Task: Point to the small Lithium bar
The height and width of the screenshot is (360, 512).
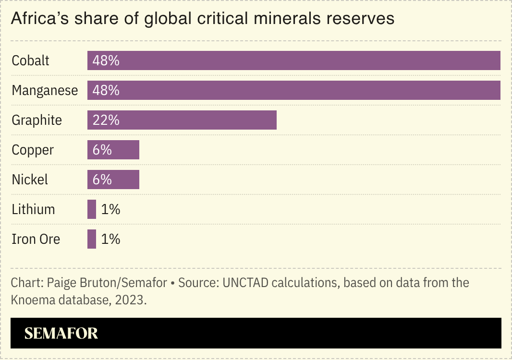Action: pyautogui.click(x=92, y=209)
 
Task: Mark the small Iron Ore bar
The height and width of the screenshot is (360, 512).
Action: pyautogui.click(x=92, y=239)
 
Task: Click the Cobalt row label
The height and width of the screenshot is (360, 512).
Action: pyautogui.click(x=30, y=61)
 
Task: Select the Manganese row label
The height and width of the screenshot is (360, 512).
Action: pyautogui.click(x=45, y=91)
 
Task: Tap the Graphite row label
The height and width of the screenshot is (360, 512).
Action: pyautogui.click(x=37, y=120)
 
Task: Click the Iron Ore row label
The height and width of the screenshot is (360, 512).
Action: pyautogui.click(x=36, y=239)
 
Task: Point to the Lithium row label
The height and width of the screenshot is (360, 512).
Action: pyautogui.click(x=33, y=209)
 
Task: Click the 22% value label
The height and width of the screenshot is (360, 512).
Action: pyautogui.click(x=106, y=120)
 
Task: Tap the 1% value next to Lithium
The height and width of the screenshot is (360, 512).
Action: pyautogui.click(x=110, y=209)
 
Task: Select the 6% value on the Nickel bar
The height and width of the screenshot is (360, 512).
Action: pyautogui.click(x=102, y=180)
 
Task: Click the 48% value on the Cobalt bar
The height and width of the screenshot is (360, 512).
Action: pyautogui.click(x=106, y=61)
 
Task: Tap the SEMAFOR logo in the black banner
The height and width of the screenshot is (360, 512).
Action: pyautogui.click(x=61, y=333)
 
